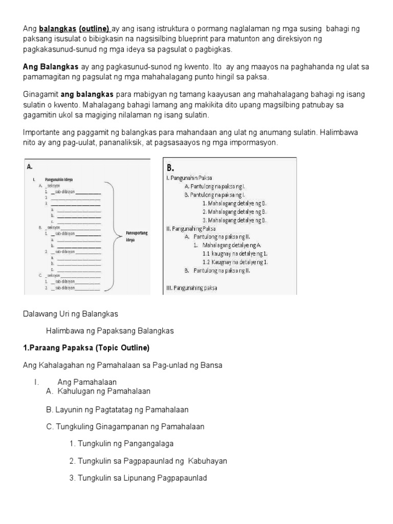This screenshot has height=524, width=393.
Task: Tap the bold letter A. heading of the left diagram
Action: (x=30, y=166)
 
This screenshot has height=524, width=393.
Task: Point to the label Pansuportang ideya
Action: (x=137, y=236)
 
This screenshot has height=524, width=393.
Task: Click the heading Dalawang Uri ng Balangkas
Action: (x=71, y=313)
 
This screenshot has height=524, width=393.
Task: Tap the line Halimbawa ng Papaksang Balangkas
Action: (x=110, y=331)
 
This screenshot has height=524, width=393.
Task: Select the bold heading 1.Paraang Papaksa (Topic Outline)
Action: (x=86, y=348)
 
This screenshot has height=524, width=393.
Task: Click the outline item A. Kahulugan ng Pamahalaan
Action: (x=98, y=391)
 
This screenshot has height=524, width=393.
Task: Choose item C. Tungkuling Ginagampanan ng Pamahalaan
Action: (x=125, y=426)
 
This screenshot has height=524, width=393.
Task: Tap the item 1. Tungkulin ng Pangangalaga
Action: (x=124, y=443)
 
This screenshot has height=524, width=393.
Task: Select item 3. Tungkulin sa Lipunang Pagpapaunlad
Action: (x=137, y=478)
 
